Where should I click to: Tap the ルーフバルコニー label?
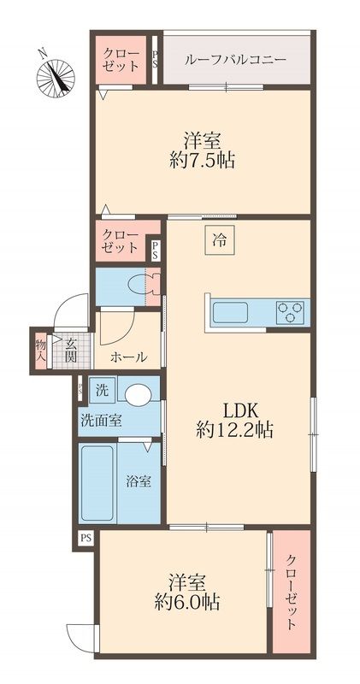point(236,59)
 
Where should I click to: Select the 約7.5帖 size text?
point(202,162)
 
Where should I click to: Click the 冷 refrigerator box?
point(220,239)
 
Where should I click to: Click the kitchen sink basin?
point(230,313)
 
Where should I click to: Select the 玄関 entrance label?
point(71,351)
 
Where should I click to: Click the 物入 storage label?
point(40,350)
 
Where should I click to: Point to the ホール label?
point(128,357)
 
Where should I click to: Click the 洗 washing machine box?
point(102,391)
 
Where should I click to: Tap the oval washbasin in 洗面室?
point(138,393)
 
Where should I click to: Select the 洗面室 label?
point(101,421)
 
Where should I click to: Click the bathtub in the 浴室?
point(97,483)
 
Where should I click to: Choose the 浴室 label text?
point(139,481)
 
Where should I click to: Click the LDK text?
point(241,410)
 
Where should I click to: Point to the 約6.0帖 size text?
point(186,604)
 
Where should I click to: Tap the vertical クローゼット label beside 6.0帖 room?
point(292,592)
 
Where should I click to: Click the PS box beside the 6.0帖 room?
point(86,538)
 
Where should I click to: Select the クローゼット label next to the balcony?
point(121,61)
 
